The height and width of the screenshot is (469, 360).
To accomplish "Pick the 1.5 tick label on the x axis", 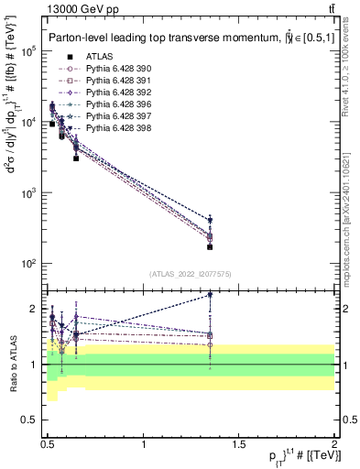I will [x=239, y=444].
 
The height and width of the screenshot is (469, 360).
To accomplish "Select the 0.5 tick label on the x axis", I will [x=49, y=444].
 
